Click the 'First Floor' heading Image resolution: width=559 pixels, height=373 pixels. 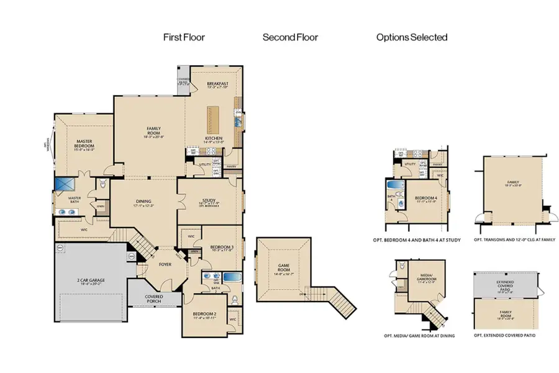click(184, 37)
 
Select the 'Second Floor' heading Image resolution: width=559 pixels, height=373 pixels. click(290, 37)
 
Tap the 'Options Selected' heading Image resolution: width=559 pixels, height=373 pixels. click(411, 37)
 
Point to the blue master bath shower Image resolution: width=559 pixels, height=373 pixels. click(64, 185)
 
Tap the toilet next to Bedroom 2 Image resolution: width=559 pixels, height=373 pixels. click(234, 301)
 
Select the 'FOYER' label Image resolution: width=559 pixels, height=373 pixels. click(164, 264)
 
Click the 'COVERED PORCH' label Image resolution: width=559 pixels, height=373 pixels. click(153, 299)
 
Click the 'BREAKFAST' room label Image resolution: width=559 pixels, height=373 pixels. click(217, 85)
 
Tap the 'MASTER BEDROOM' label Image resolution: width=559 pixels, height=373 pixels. click(84, 145)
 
